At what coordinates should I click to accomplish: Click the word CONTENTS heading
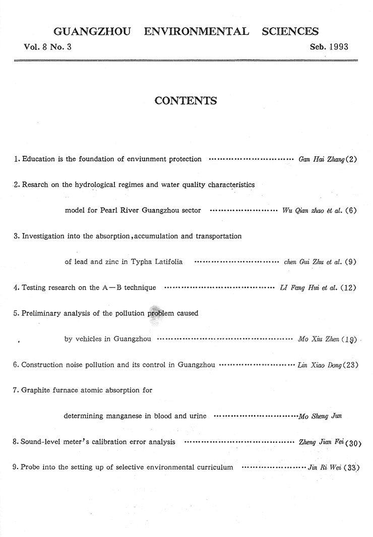coord(185,101)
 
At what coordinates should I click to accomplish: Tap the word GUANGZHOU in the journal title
coord(92,32)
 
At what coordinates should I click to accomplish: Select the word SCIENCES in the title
coord(290,32)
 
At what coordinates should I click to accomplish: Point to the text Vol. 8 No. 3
coord(48,47)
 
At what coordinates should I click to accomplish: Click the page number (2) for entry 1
coord(351,159)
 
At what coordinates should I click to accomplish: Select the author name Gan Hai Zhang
coord(322,159)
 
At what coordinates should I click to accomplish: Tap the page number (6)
coord(351,210)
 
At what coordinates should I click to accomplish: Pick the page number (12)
coord(349,288)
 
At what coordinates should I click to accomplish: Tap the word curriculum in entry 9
coord(213,467)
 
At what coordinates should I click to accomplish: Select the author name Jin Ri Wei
coord(325,467)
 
